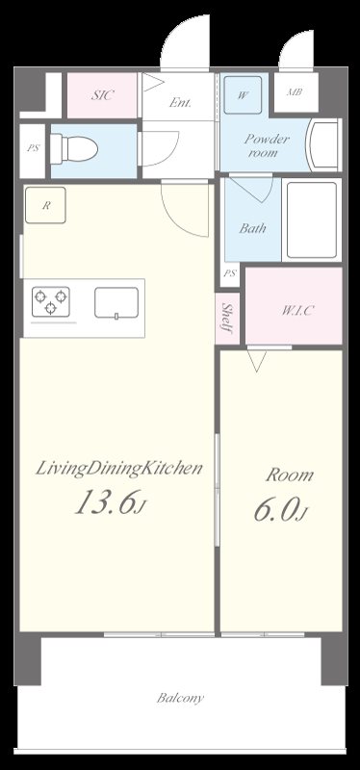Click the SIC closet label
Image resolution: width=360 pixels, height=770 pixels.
(x=102, y=95)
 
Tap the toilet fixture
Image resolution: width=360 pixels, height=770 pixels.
(x=74, y=148)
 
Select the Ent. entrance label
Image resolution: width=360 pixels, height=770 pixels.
(x=180, y=103)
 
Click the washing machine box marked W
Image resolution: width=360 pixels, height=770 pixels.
(x=243, y=95)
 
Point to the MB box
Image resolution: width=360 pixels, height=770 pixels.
(x=295, y=92)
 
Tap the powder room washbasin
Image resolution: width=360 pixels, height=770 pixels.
(x=322, y=146)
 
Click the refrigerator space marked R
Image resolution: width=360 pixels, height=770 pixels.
(x=45, y=205)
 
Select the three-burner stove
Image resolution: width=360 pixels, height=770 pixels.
(x=51, y=301)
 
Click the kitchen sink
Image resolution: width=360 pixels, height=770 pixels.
(x=116, y=303)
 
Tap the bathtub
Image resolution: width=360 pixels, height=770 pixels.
(x=311, y=220)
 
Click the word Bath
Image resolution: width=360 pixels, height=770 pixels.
(x=253, y=228)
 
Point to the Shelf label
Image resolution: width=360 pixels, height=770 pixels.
(x=227, y=319)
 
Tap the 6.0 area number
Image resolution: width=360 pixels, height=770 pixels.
(x=276, y=511)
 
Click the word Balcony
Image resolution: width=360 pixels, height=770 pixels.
(x=180, y=698)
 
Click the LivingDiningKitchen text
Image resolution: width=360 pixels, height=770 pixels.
(x=118, y=469)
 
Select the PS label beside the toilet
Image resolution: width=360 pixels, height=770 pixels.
(x=33, y=148)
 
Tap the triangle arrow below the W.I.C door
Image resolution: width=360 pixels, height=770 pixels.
(x=257, y=360)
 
